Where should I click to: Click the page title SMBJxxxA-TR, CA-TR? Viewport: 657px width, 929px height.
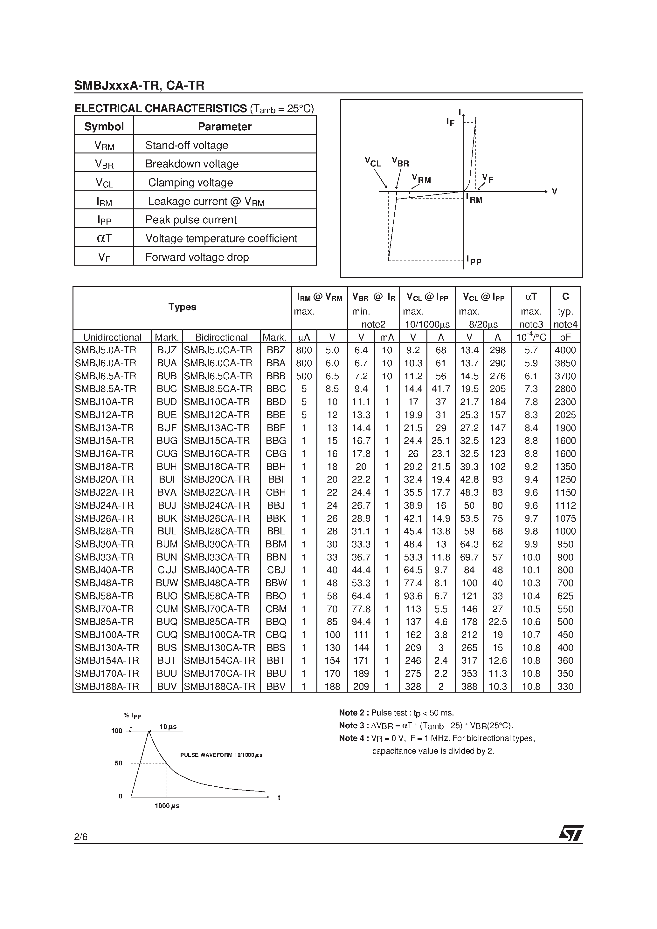click(139, 85)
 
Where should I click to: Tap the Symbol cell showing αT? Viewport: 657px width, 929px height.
click(104, 238)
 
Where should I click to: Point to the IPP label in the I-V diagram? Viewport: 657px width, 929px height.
click(474, 260)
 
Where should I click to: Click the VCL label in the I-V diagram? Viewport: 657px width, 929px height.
click(373, 162)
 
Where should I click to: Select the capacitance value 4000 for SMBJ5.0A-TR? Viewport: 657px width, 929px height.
click(565, 350)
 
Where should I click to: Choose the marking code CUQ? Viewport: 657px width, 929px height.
click(167, 635)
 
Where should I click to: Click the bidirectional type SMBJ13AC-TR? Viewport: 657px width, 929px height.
click(218, 428)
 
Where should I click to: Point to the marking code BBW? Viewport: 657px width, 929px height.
click(276, 583)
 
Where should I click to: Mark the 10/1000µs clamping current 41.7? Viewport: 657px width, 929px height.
click(441, 389)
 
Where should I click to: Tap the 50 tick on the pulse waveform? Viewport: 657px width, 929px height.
click(118, 763)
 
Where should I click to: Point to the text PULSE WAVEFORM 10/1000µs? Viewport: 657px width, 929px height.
click(221, 755)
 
